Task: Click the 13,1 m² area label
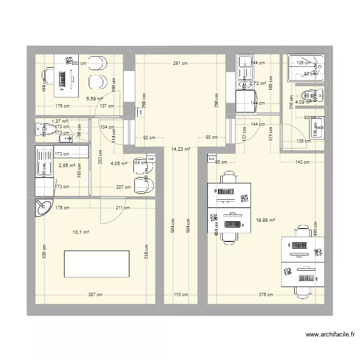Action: pyautogui.click(x=81, y=232)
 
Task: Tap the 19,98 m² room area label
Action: pyautogui.click(x=265, y=220)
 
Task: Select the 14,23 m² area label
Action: pyautogui.click(x=180, y=149)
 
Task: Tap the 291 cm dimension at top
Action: pyautogui.click(x=180, y=63)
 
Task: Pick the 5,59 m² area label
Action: pyautogui.click(x=95, y=99)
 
